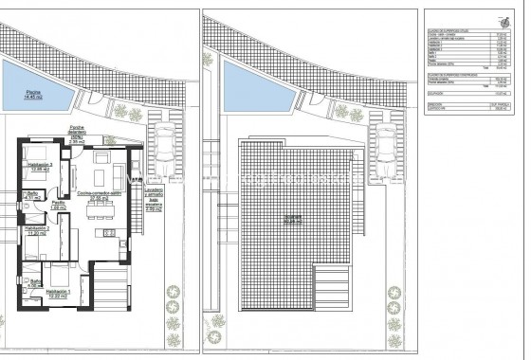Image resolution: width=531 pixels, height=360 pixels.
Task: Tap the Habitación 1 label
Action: click(64, 295)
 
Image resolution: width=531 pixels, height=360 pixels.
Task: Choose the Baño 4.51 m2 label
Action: click(32, 196)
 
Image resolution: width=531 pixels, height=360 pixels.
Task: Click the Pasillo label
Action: click(59, 204)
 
